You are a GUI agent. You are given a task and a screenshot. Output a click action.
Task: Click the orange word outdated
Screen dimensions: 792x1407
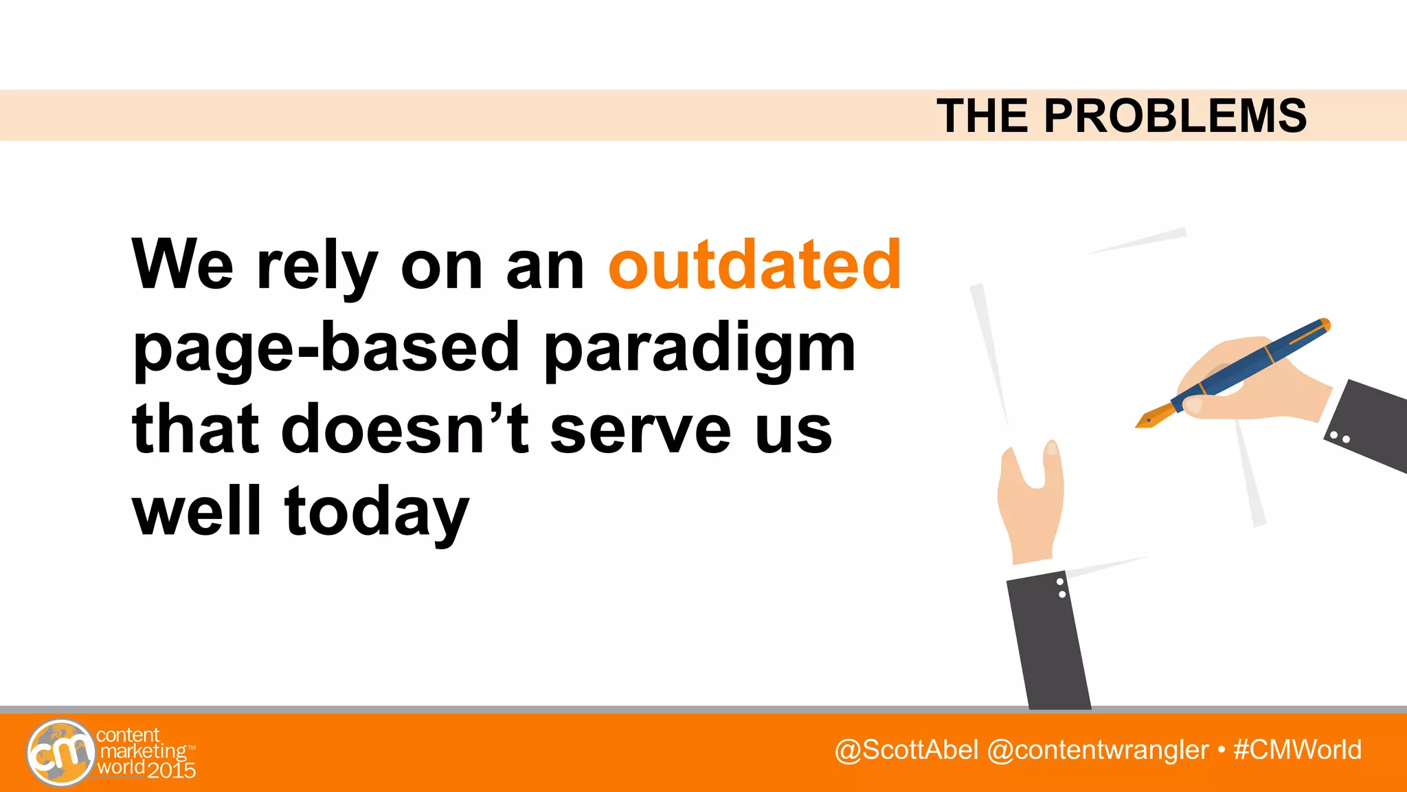[x=754, y=265]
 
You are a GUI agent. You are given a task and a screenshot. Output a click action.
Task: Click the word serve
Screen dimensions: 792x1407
[x=640, y=432]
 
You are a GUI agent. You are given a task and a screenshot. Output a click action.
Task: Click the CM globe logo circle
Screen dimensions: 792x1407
[x=60, y=753]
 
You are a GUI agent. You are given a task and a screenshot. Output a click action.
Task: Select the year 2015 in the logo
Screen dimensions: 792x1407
[x=172, y=770]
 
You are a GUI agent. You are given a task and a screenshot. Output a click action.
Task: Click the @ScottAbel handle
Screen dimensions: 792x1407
[x=905, y=750]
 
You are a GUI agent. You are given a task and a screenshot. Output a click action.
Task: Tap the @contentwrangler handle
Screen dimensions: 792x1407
[x=1097, y=750]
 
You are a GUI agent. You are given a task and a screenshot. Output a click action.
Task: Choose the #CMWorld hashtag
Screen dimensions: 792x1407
[x=1297, y=750]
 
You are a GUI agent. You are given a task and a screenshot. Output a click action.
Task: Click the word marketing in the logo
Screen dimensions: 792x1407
[x=143, y=751]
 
